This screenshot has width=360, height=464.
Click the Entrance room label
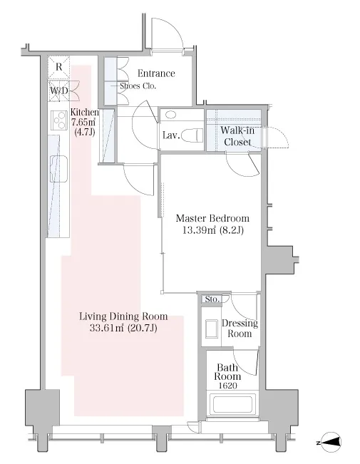[156, 73]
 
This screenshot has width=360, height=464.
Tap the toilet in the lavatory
[192, 136]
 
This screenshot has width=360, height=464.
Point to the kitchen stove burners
[59, 120]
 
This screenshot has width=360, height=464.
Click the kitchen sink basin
[58, 169]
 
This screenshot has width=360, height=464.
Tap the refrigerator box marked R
[59, 67]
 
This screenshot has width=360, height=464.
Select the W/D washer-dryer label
[58, 91]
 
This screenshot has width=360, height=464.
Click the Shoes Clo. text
[138, 86]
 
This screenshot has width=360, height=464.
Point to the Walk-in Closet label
[237, 136]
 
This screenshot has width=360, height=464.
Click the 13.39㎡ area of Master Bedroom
[199, 230]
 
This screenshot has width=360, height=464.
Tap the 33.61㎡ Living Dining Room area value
[107, 328]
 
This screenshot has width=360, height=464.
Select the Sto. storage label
[212, 299]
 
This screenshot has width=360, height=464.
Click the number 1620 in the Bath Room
[227, 386]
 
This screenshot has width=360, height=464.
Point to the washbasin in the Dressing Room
[212, 328]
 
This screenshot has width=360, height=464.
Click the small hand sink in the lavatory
[170, 114]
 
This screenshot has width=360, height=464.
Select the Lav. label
[171, 136]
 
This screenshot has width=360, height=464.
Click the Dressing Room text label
[240, 328]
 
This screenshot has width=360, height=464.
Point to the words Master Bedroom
[212, 218]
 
